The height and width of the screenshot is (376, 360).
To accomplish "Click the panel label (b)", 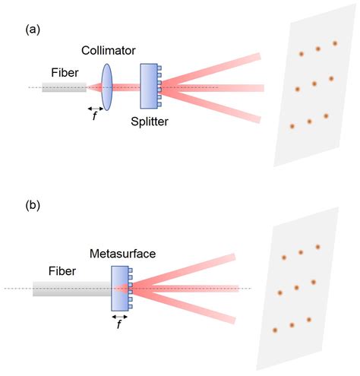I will [33, 204].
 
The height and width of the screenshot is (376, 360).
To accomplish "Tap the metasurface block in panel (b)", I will [118, 288].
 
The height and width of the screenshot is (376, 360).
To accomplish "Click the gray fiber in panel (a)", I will [64, 87].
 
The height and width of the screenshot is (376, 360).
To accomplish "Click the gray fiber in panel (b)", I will [71, 288].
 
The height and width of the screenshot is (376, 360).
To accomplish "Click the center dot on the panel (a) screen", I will [314, 84].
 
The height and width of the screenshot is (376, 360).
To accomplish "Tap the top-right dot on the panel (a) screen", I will [335, 43].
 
